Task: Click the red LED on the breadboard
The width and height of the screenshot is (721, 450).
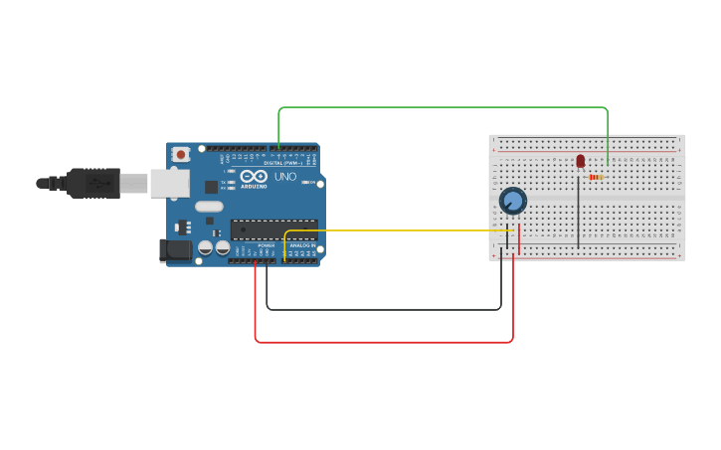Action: point(581,161)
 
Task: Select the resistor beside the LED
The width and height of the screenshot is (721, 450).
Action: point(597,177)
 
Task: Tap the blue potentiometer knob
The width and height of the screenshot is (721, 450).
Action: point(512,201)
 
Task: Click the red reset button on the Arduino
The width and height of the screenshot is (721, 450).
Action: point(180,154)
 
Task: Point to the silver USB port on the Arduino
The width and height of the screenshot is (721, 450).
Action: point(169,183)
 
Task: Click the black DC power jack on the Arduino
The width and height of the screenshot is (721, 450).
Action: point(176,250)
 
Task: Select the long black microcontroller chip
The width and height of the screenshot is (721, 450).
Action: point(273,229)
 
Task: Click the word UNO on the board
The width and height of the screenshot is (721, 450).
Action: point(285,177)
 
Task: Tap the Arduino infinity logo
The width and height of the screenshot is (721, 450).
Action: point(253,176)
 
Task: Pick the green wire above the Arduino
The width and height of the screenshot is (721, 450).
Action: point(443,107)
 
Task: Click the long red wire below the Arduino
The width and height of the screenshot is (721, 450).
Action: point(384,342)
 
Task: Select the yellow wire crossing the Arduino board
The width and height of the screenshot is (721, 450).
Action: point(398,231)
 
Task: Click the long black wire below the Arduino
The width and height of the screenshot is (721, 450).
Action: point(384,310)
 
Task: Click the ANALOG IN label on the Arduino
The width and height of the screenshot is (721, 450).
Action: point(302,245)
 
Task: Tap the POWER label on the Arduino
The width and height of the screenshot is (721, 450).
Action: point(266,245)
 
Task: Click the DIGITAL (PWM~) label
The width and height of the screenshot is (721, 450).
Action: point(283,163)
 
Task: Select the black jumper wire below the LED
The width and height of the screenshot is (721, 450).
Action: point(578,214)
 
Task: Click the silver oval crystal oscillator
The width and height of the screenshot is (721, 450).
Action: point(209,207)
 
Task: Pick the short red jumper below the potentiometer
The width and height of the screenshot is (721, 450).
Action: point(519,238)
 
